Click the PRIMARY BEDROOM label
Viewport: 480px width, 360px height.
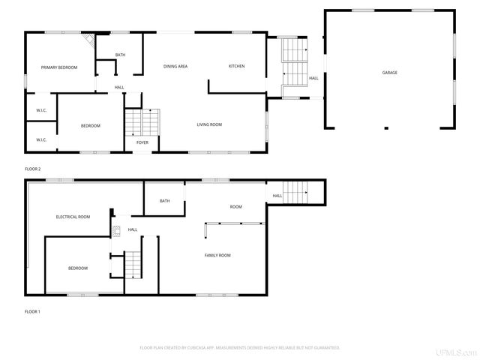(59, 67)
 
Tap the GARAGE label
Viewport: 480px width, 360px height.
(389, 73)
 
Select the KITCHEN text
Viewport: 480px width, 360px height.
(236, 66)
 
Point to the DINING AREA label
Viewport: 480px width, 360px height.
(175, 66)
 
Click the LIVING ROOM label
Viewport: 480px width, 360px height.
(209, 124)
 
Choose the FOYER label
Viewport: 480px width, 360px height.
(142, 142)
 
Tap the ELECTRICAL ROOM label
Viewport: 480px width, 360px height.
(73, 217)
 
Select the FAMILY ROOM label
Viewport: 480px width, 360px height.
(217, 255)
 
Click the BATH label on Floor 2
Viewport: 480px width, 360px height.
(120, 55)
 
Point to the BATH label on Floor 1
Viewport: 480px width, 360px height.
(164, 200)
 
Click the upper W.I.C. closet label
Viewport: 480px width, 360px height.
(42, 111)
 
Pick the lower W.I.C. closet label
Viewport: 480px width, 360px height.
(42, 139)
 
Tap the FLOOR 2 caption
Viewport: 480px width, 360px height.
(33, 169)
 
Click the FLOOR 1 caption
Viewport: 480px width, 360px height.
(33, 310)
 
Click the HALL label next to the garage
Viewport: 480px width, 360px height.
(313, 78)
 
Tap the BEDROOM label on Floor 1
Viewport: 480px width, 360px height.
(78, 268)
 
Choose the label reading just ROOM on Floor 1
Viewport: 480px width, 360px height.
(235, 206)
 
